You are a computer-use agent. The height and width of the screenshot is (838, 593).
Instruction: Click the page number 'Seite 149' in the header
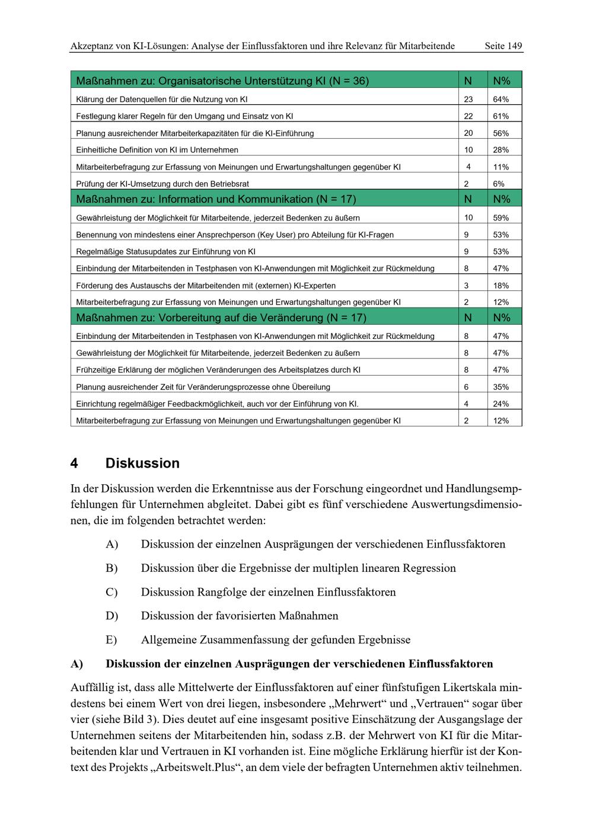[x=503, y=46]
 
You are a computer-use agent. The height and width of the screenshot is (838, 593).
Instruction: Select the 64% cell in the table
[x=500, y=100]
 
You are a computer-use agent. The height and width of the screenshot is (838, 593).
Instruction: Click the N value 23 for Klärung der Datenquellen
[x=468, y=100]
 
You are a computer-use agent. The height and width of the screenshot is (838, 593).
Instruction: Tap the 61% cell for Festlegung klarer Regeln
[x=500, y=116]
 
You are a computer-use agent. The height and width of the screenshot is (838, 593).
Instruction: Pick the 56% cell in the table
[x=500, y=133]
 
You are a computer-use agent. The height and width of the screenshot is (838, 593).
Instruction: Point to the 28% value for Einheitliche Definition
[x=500, y=150]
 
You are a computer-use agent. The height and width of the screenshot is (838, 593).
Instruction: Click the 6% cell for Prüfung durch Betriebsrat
[x=499, y=184]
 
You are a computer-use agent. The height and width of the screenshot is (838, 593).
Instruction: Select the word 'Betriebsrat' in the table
[x=229, y=184]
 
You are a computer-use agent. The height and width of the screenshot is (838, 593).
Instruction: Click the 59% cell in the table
[x=500, y=218]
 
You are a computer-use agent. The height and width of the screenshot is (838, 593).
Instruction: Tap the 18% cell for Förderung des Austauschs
[x=500, y=286]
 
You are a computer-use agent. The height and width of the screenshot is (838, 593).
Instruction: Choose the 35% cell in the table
[x=500, y=387]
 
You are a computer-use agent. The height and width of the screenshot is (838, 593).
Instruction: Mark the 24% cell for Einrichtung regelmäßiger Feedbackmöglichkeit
[x=500, y=404]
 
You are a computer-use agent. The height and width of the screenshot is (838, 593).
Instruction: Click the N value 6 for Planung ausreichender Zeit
[x=466, y=387]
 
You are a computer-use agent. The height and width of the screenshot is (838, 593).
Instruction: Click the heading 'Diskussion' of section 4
[x=142, y=463]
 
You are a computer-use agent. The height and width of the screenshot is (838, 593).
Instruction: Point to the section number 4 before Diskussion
[x=74, y=463]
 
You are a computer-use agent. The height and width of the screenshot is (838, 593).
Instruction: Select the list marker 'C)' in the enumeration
[x=111, y=592]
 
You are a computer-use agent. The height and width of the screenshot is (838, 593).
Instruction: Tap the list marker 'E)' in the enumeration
[x=111, y=640]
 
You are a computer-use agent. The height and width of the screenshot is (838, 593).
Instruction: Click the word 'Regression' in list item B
[x=429, y=568]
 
